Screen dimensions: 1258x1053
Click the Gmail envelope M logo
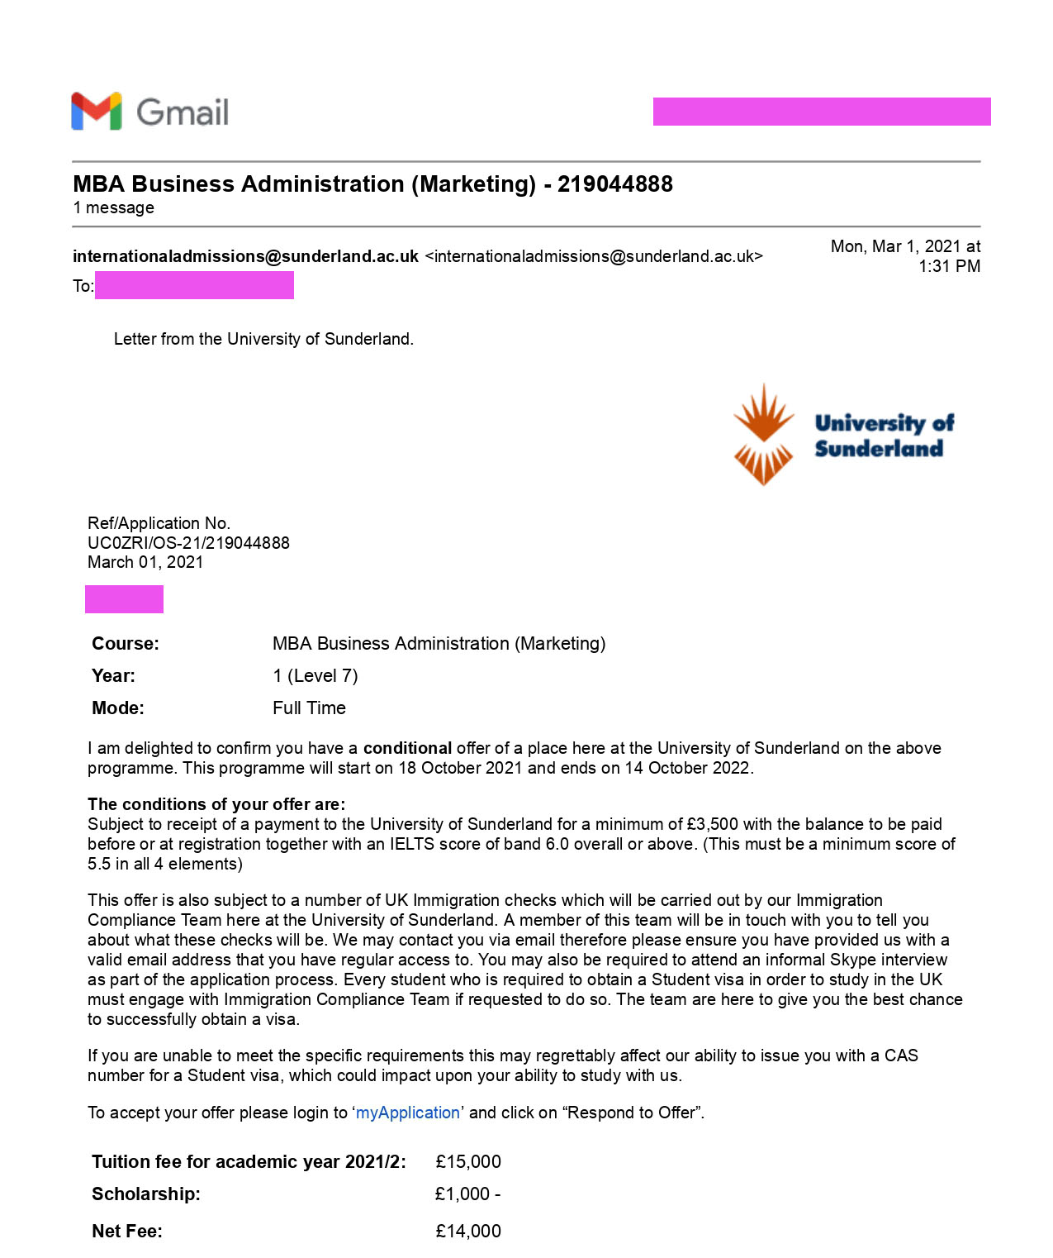coord(97,111)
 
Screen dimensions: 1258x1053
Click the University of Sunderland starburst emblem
coord(763,435)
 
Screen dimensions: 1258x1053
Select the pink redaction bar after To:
coord(194,286)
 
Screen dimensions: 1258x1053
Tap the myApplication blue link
coord(408,1113)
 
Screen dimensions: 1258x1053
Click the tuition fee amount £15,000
coord(468,1161)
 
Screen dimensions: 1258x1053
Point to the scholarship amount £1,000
coord(463,1194)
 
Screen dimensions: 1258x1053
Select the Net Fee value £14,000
coord(468,1231)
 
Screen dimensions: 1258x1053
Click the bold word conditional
coord(407,748)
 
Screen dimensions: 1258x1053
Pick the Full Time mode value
coord(309,708)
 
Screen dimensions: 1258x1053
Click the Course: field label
coord(126,643)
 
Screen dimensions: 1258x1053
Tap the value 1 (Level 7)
coord(315,675)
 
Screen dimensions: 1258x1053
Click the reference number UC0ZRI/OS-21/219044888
coord(188,543)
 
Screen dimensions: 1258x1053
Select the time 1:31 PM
coord(949,266)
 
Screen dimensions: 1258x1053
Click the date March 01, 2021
coord(145,562)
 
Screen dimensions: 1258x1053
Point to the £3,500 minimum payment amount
coord(713,824)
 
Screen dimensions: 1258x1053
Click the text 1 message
coord(113,207)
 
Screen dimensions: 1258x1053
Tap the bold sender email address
coord(245,256)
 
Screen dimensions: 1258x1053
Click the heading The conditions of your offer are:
coord(216,804)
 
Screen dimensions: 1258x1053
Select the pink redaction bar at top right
coord(822,112)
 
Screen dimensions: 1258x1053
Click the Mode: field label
coord(118,708)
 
